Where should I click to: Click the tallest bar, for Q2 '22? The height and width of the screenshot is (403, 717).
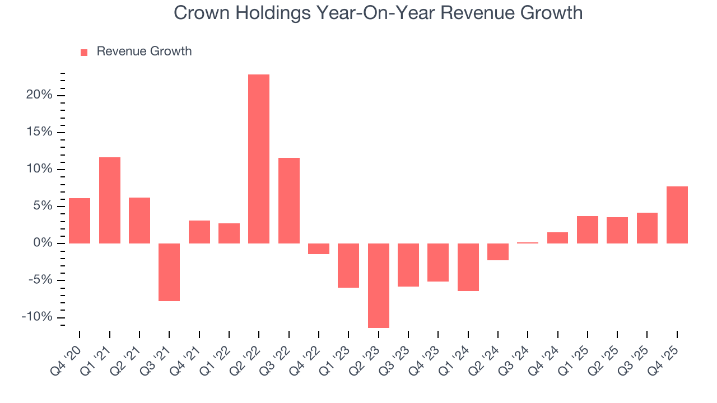(x=259, y=159)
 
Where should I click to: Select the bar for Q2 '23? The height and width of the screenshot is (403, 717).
(x=378, y=285)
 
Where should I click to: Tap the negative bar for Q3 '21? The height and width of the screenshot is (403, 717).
(x=169, y=272)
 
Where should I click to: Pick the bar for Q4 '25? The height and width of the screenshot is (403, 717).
(x=677, y=215)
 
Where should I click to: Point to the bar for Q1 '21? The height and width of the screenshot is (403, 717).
(x=109, y=200)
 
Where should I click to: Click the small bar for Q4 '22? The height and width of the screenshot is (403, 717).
(x=318, y=249)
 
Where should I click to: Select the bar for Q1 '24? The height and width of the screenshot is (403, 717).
(x=468, y=267)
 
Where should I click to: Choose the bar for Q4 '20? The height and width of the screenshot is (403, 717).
(x=80, y=221)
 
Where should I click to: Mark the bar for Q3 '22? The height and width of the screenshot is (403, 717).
(x=288, y=200)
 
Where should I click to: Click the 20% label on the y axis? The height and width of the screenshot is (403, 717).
(x=39, y=95)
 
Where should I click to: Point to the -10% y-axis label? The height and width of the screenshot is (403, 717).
(x=37, y=317)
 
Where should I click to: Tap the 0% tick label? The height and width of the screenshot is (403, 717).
(x=43, y=243)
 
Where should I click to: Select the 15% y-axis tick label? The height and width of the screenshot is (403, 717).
(x=39, y=132)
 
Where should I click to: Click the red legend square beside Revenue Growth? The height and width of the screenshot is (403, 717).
(x=84, y=53)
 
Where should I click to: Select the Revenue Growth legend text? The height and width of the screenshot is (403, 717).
(x=144, y=51)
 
